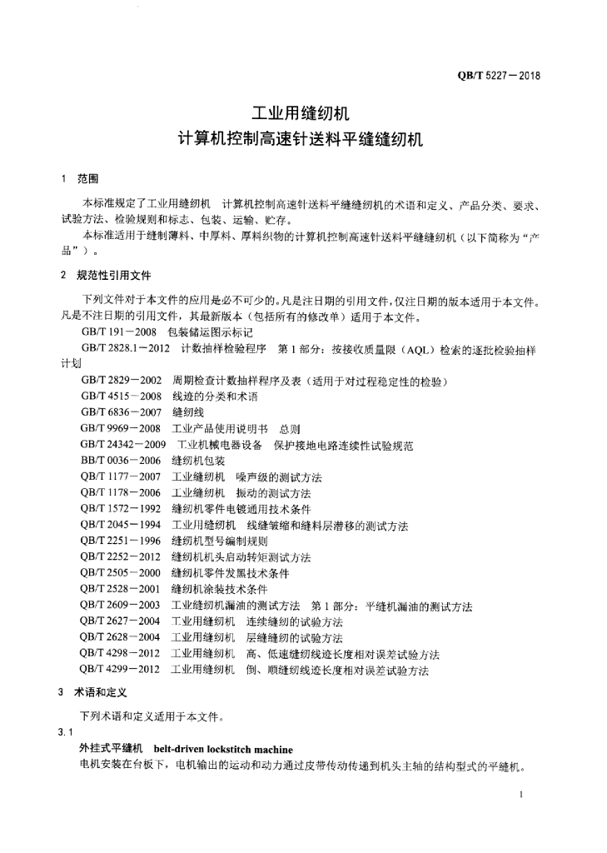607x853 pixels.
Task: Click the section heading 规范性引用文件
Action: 114,275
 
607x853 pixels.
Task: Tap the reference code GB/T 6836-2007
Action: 122,412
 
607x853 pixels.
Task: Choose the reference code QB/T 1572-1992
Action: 121,508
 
